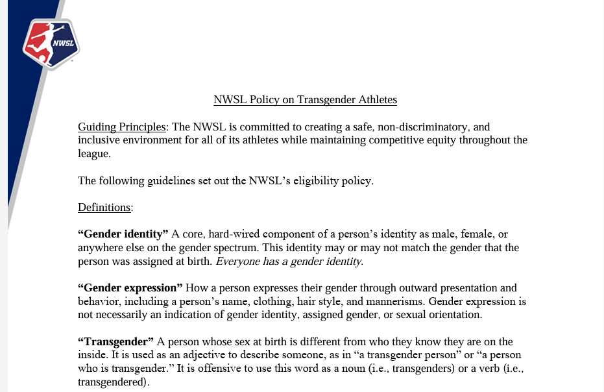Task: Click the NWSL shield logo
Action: click(50, 43)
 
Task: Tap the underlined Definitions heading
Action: click(105, 208)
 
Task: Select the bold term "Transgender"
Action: click(115, 342)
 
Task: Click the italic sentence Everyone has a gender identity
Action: click(289, 262)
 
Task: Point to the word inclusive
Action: click(99, 140)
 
